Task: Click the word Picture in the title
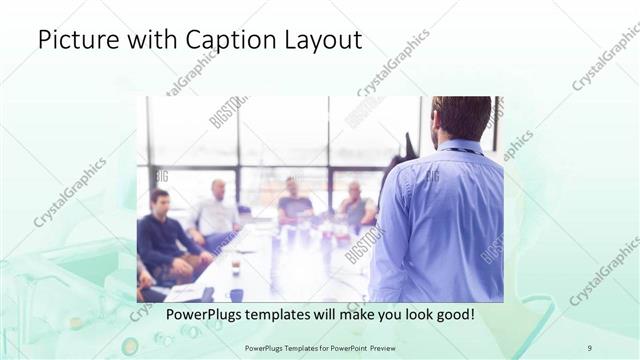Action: pos(72,41)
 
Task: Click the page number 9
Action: pos(590,347)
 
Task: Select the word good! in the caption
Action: pos(451,315)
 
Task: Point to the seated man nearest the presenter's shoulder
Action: pos(356,205)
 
